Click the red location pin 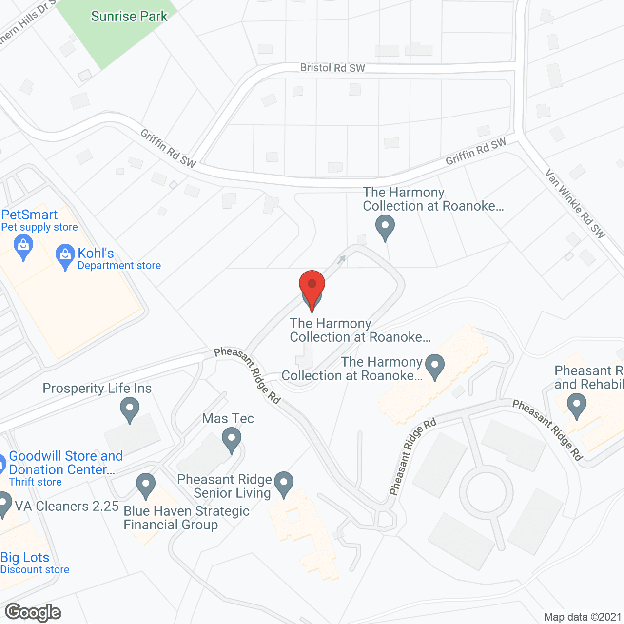312,285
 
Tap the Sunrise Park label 129,16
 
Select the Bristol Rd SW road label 332,68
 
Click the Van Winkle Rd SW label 575,204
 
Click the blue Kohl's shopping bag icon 65,256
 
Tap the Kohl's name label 96,253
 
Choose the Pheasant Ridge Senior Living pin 284,483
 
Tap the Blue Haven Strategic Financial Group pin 145,485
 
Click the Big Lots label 25,557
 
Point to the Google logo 33,612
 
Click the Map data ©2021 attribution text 583,617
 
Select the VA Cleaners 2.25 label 67,506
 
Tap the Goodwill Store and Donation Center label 66,463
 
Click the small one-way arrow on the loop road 342,259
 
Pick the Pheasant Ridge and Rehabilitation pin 577,406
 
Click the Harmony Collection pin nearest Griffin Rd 385,227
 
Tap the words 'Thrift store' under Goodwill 36,482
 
